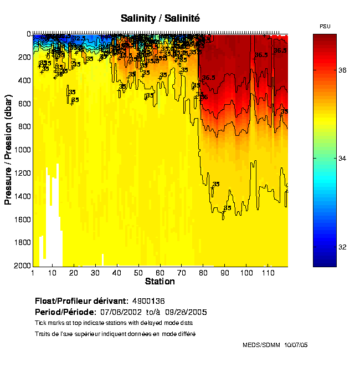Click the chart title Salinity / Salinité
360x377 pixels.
160,18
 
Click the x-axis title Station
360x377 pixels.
160,282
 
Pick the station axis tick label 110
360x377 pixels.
268,273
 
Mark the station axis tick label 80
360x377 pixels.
203,273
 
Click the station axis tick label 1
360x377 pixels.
33,273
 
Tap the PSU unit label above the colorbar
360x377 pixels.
325,27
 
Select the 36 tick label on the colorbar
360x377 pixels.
343,70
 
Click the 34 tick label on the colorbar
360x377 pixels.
343,159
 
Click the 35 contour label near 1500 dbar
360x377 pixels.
227,208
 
